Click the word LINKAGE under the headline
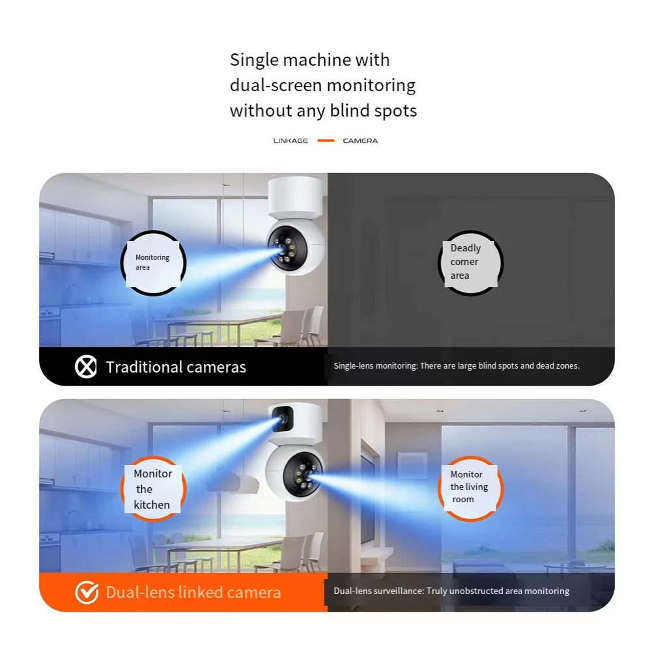(291, 141)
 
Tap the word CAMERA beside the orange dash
(360, 141)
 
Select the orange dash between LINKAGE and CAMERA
(326, 141)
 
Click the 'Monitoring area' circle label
(153, 262)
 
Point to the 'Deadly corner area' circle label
(470, 262)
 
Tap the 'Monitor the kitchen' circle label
(153, 489)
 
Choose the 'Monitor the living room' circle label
(470, 489)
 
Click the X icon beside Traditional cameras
(86, 367)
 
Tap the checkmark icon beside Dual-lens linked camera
(87, 592)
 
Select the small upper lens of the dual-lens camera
(283, 418)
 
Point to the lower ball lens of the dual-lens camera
(303, 474)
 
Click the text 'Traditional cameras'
(176, 367)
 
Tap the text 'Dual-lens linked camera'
(193, 592)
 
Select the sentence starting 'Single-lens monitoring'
(457, 366)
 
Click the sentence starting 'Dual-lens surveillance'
(451, 591)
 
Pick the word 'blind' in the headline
(349, 111)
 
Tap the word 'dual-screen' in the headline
(276, 85)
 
